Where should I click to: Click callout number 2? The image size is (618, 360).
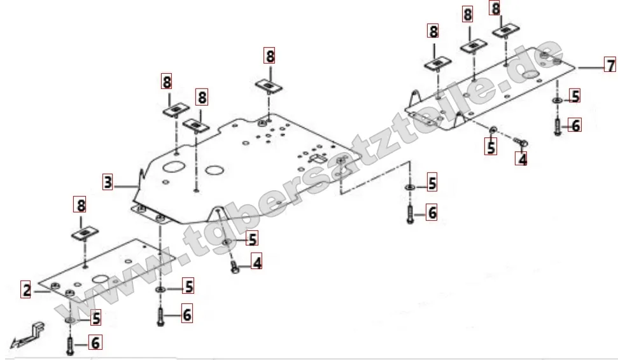(x=26, y=290)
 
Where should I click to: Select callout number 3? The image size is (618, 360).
(x=108, y=183)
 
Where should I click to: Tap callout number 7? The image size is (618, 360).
(x=610, y=66)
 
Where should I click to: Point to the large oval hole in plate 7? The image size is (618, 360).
(x=529, y=75)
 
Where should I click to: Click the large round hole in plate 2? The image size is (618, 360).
(x=102, y=278)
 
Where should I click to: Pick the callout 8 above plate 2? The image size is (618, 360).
(x=81, y=205)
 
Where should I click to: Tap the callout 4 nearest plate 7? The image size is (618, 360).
(x=522, y=159)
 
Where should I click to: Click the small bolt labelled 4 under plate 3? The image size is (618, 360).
(x=235, y=267)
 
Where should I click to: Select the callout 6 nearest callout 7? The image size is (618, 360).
(x=575, y=125)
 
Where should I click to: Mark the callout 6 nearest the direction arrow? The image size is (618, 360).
(x=95, y=343)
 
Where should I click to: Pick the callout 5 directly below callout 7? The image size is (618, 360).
(x=575, y=96)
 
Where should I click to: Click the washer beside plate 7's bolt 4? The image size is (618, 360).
(x=493, y=132)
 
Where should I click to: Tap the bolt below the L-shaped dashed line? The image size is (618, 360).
(x=409, y=212)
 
